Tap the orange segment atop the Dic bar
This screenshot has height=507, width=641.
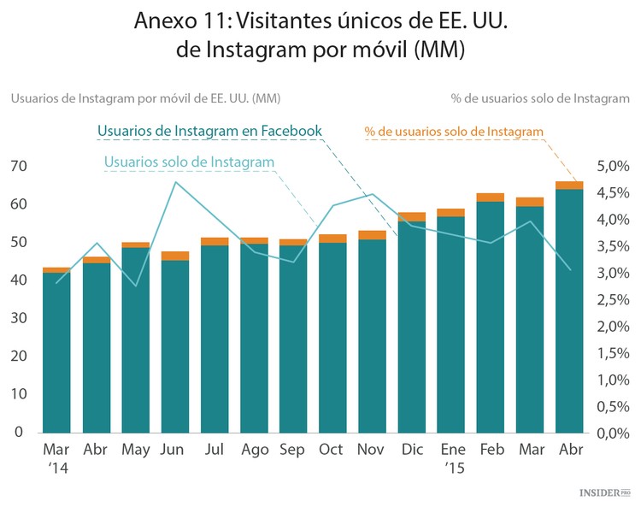411,217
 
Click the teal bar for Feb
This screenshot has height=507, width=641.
490,316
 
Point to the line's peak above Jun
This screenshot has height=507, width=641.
174,182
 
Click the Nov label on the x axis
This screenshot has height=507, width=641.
372,450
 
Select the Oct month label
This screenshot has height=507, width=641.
331,450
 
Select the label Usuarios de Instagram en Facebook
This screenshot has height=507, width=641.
209,131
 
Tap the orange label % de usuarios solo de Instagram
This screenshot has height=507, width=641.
454,131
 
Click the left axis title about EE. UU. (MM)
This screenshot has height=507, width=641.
145,97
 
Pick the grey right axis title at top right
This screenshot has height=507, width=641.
540,97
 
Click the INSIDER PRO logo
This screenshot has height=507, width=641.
604,493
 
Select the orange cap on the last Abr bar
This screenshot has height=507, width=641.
568,186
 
